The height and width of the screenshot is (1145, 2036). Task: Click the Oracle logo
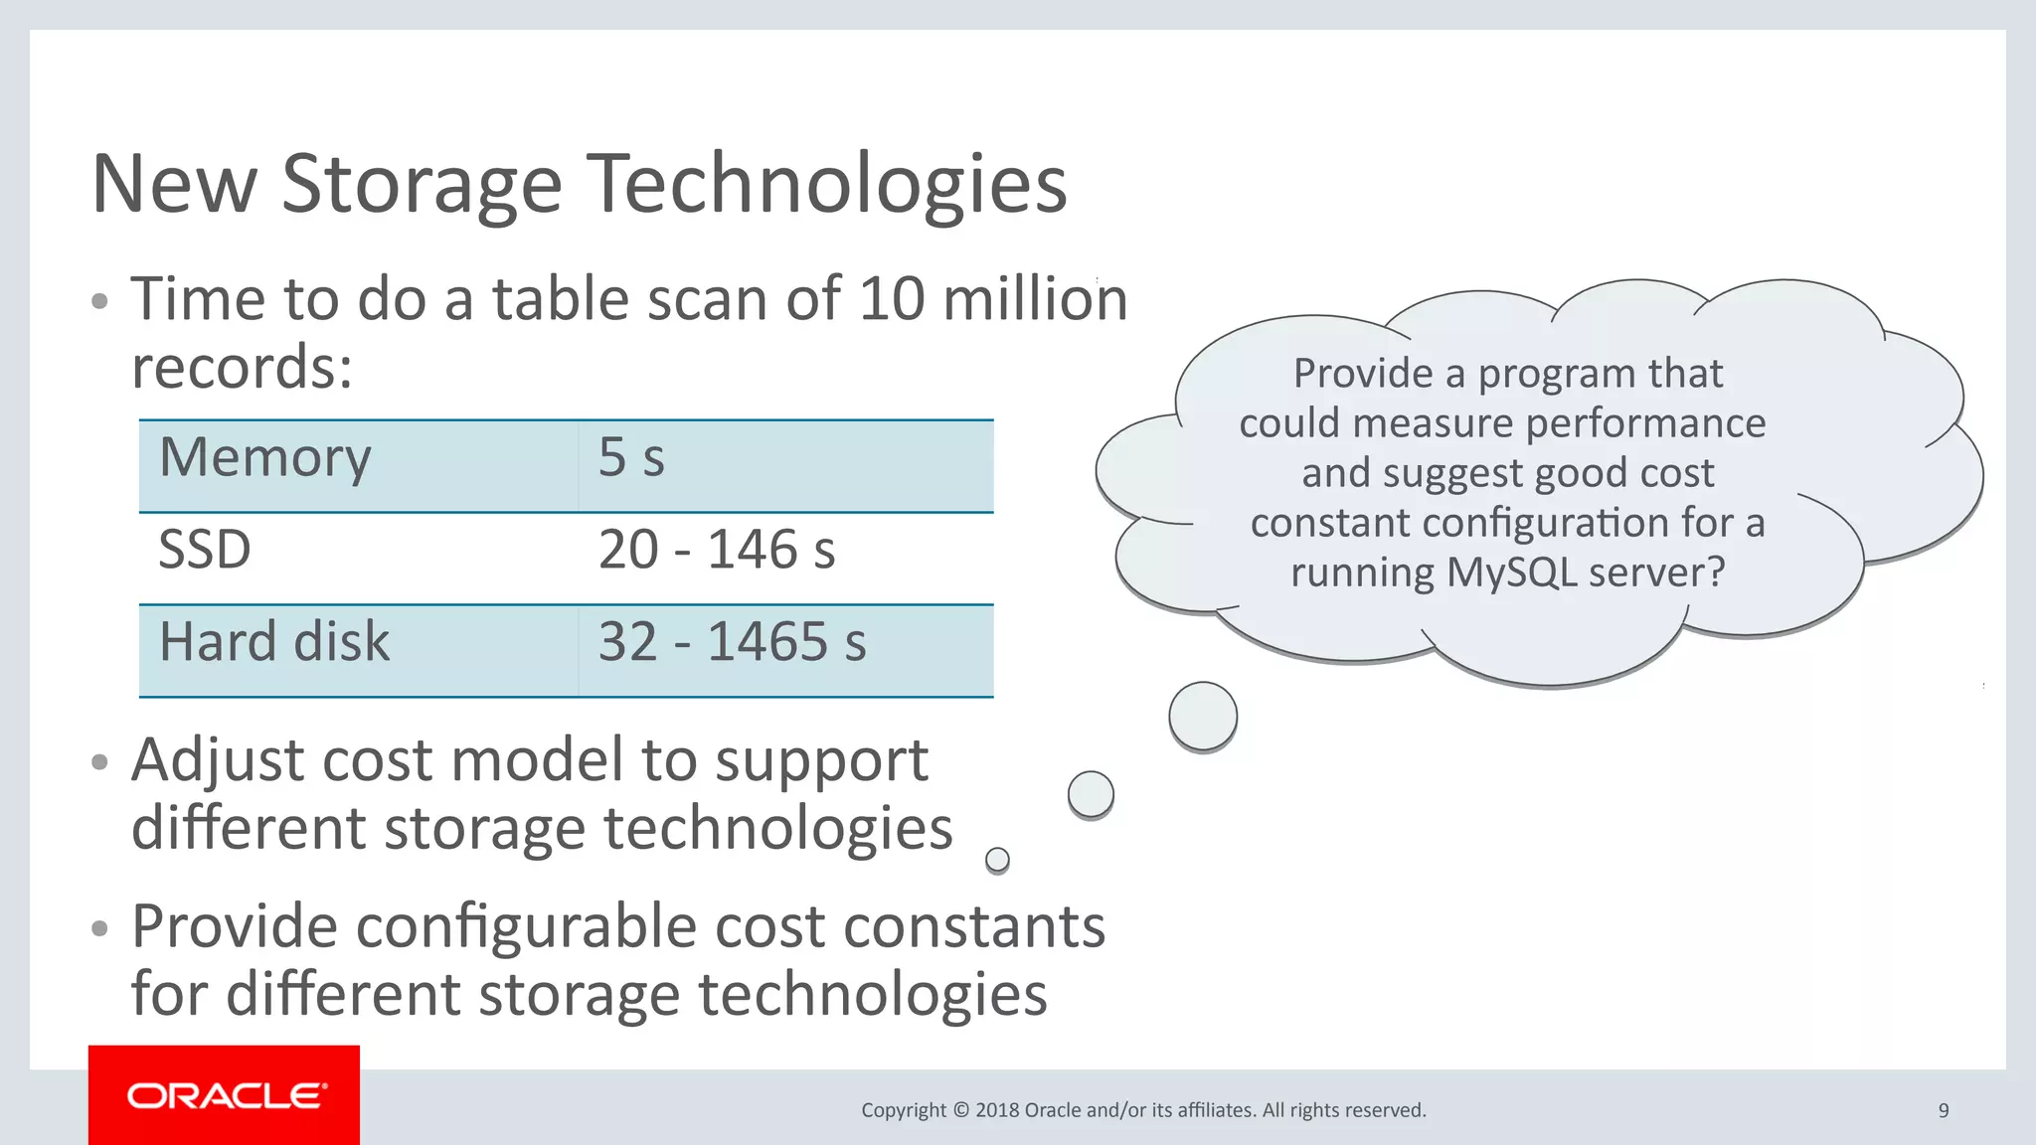point(225,1095)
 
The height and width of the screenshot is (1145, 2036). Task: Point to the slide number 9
point(1944,1110)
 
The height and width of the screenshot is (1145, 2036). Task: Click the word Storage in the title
point(422,185)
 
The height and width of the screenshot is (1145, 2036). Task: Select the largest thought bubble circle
point(1203,716)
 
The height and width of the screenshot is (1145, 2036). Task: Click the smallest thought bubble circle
point(997,860)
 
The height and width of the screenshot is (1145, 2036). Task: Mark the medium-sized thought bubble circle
point(1091,794)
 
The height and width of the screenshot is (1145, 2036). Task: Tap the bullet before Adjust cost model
point(98,762)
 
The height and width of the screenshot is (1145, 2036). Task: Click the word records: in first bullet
point(242,368)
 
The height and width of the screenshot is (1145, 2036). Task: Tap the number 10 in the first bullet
point(892,299)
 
